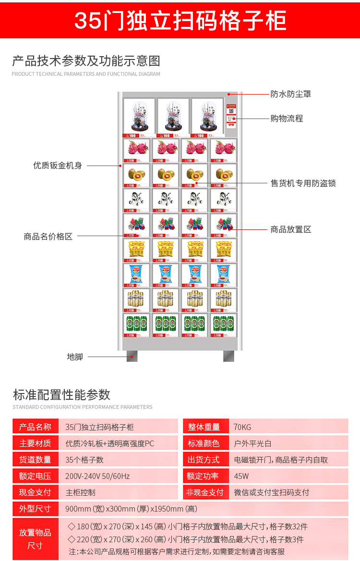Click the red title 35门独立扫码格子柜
coord(180,20)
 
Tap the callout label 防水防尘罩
coord(290,94)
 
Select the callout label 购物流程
coord(287,118)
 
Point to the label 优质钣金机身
coord(58,166)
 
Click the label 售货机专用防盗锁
coord(303,183)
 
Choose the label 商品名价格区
coord(48,236)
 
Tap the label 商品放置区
coord(290,229)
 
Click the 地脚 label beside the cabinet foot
coord(75,357)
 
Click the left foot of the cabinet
coord(132,356)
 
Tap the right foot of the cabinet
coord(228,356)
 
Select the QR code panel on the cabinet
coord(231,116)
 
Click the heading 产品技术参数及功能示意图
coord(86,61)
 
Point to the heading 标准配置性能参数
coord(61,394)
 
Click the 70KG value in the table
coord(242,427)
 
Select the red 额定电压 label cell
coord(36,476)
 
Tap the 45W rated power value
coord(240,476)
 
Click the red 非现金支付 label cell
coord(205,492)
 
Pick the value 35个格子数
coord(84,460)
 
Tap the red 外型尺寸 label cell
coord(36,509)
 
